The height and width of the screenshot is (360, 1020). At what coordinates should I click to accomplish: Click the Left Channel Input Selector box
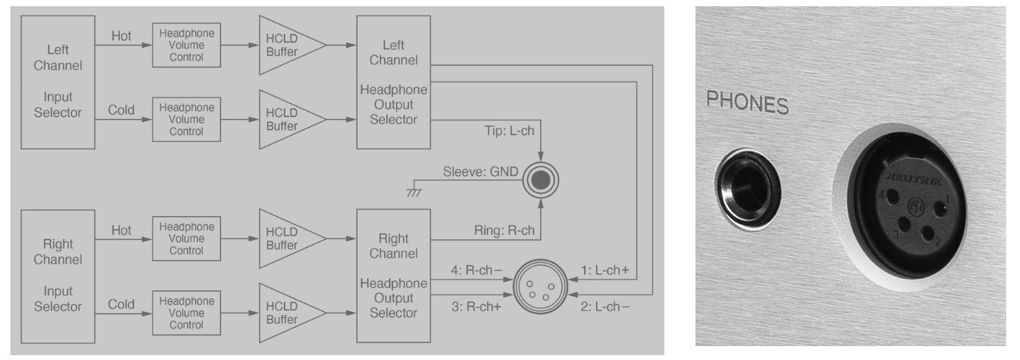[x=57, y=82]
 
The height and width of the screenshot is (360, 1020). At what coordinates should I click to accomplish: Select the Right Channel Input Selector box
[x=57, y=275]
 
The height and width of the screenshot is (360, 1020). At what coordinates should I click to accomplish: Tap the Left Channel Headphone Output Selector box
[x=393, y=82]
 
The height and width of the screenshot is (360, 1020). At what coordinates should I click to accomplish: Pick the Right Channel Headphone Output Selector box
[x=393, y=276]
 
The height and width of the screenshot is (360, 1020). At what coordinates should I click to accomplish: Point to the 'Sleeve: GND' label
[x=481, y=171]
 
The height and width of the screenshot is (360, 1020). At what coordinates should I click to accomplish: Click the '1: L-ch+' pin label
[x=604, y=270]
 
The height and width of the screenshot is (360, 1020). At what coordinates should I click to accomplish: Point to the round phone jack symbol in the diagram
[x=540, y=179]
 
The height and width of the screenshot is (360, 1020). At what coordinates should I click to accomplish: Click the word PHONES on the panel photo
[x=747, y=104]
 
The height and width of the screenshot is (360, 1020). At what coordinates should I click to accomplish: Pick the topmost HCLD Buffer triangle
[x=288, y=46]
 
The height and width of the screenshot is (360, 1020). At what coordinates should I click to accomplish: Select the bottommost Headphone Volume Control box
[x=186, y=313]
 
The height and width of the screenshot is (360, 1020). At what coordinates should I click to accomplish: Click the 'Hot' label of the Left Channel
[x=121, y=37]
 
